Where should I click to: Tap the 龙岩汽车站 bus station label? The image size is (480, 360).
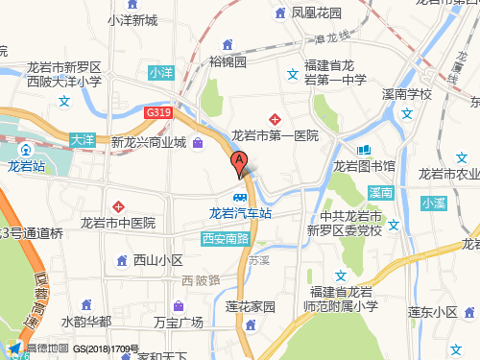pyautogui.click(x=239, y=214)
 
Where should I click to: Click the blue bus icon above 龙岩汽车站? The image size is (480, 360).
pyautogui.click(x=239, y=197)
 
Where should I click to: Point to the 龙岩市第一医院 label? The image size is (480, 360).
pyautogui.click(x=275, y=134)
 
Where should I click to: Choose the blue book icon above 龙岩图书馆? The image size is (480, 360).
pyautogui.click(x=364, y=150)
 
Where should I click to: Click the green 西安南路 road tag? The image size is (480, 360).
pyautogui.click(x=226, y=237)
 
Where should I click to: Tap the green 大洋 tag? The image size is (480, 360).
pyautogui.click(x=83, y=139)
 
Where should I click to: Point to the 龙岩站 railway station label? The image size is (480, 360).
pyautogui.click(x=27, y=166)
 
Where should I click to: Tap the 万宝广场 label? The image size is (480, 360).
pyautogui.click(x=179, y=323)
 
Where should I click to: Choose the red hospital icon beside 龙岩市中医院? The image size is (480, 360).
pyautogui.click(x=119, y=206)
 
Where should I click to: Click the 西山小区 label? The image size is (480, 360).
pyautogui.click(x=158, y=260)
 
